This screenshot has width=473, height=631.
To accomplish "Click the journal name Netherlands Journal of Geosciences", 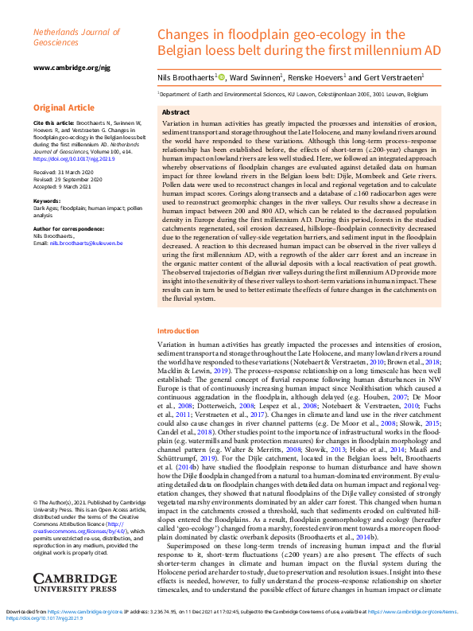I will tap(68, 36).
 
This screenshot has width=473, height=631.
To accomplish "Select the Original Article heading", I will tap(64, 107).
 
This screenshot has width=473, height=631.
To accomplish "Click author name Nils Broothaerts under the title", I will tap(186, 77).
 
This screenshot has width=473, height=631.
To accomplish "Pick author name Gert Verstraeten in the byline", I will tap(392, 77).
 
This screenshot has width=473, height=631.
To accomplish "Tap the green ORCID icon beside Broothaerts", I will tap(222, 77).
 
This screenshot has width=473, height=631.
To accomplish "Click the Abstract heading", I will tap(176, 113).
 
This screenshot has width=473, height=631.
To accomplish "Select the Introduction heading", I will tap(178, 331).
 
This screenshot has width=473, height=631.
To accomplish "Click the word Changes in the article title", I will tap(183, 34).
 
